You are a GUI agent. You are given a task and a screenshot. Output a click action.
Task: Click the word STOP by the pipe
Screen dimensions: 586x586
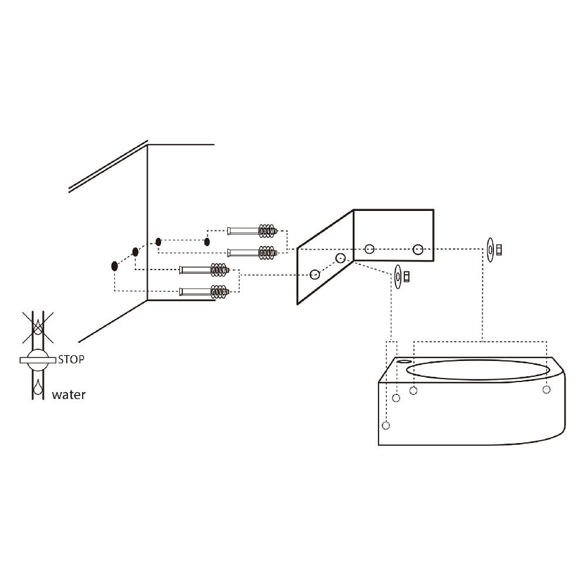pos(70,359)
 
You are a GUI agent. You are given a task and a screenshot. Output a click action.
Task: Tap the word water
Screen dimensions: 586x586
pos(69,395)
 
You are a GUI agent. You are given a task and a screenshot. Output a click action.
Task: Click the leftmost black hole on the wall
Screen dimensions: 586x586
pos(115,266)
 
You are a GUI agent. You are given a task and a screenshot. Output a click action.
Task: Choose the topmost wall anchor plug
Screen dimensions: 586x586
pos(252,230)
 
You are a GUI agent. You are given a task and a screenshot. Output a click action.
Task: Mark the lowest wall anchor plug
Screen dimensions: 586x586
pos(205,291)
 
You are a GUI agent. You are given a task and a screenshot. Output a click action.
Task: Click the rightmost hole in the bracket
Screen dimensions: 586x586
pos(418,250)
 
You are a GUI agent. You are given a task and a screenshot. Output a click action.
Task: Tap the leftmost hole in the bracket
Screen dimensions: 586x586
pos(315,274)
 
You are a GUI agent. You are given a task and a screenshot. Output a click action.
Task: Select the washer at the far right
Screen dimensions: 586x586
pos(489,250)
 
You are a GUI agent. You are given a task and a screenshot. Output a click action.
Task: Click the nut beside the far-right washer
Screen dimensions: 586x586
pos(499,250)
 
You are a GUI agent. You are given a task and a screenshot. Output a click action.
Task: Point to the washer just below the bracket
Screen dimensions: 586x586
pos(398,275)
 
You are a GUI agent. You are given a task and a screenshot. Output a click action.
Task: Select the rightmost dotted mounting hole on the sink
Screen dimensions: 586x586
pos(546,389)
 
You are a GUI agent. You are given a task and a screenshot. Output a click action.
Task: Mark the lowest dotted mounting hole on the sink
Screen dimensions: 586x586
pos(386,425)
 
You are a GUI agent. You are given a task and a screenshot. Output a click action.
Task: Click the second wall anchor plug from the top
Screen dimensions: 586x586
pos(252,253)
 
